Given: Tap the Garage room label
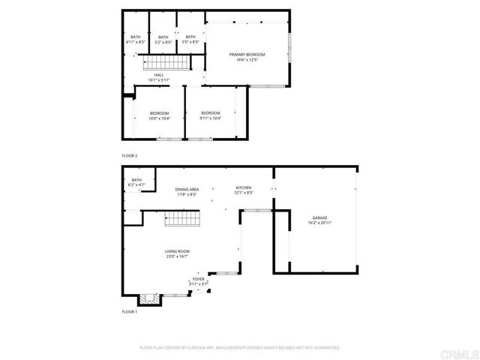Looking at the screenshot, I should [319, 217].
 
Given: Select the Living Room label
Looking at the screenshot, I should [178, 253].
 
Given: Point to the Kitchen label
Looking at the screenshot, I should [244, 187].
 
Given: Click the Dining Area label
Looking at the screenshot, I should [187, 190].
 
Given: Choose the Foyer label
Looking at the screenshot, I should [198, 279].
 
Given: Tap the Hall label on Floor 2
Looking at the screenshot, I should [159, 75].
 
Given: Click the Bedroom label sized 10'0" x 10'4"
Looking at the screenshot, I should [159, 113].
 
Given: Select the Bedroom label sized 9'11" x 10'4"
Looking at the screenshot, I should [211, 113].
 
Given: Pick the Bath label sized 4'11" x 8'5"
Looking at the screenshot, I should [136, 37].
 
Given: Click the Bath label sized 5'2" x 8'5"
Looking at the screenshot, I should [163, 37].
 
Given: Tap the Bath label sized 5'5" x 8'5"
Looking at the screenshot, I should [190, 37].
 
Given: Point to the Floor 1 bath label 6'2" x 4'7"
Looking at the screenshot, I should [136, 180].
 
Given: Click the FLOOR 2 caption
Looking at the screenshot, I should [130, 156].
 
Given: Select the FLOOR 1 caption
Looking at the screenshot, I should [130, 311].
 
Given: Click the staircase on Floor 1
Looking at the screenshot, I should [180, 220].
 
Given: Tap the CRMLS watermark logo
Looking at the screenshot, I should [459, 353].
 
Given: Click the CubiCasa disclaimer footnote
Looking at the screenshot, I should [240, 348].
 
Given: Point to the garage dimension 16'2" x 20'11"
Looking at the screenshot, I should [319, 223].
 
